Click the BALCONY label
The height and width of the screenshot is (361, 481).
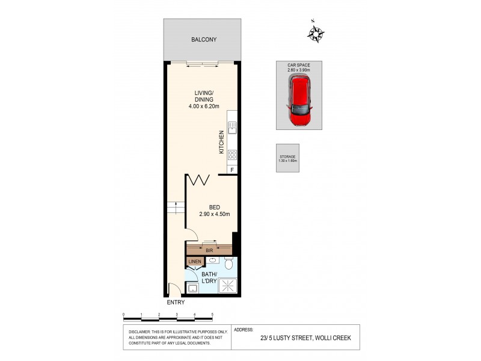point(204,40)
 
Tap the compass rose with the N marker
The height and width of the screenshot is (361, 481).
point(316,33)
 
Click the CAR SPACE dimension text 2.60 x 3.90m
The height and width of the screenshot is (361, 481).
point(299,70)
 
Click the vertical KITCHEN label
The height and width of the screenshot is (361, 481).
point(221,142)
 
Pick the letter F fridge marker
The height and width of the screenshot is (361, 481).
point(232,171)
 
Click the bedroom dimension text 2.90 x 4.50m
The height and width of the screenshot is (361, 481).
point(215,214)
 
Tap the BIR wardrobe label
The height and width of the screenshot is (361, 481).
point(209,248)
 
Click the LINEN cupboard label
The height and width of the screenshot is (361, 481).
point(194,262)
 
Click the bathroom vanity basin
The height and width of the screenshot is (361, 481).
point(213,260)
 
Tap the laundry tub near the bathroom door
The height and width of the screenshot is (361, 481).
point(192,288)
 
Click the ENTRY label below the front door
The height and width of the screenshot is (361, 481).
point(176,303)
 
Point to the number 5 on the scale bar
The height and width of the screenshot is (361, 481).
point(213,315)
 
